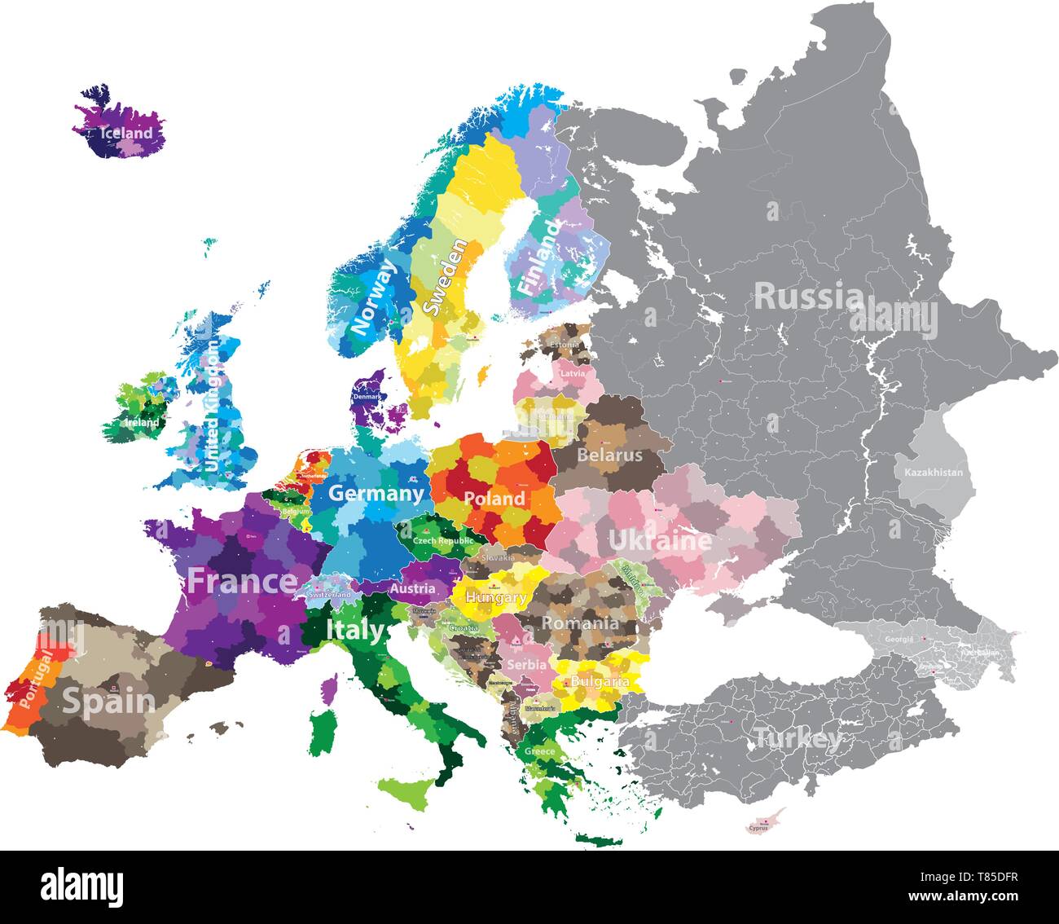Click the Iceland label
[126, 133]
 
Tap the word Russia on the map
[803, 297]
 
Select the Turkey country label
[798, 739]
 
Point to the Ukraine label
[660, 540]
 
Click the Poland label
[494, 498]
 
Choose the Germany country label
[376, 493]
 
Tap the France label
[243, 582]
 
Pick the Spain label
[108, 700]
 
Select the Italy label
[355, 630]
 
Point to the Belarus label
[609, 455]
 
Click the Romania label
[580, 623]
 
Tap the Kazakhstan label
[934, 473]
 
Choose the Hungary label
[495, 597]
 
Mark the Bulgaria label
[600, 681]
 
